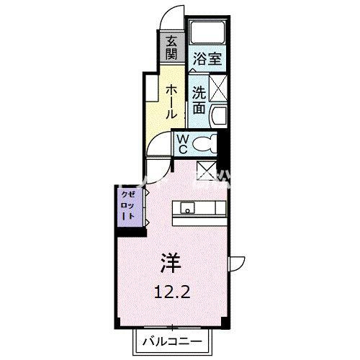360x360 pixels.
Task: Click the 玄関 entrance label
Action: pyautogui.click(x=171, y=48)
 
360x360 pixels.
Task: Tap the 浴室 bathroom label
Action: pyautogui.click(x=207, y=59)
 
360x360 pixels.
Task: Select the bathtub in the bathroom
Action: pyautogui.click(x=207, y=33)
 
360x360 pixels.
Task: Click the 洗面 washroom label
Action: pyautogui.click(x=199, y=102)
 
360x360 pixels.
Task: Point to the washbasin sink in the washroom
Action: pyautogui.click(x=219, y=116)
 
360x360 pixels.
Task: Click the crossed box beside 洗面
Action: pyautogui.click(x=218, y=88)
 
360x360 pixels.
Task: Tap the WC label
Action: pyautogui.click(x=183, y=144)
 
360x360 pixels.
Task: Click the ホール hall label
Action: pyautogui.click(x=171, y=102)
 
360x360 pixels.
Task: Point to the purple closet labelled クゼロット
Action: pyautogui.click(x=130, y=207)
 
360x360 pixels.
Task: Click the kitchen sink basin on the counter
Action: pyautogui.click(x=187, y=207)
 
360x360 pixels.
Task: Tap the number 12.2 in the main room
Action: pyautogui.click(x=172, y=292)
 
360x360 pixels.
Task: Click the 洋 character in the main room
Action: pyautogui.click(x=171, y=264)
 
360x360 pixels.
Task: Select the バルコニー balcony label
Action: pyautogui.click(x=172, y=341)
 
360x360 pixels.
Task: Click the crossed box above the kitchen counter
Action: pyautogui.click(x=206, y=171)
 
